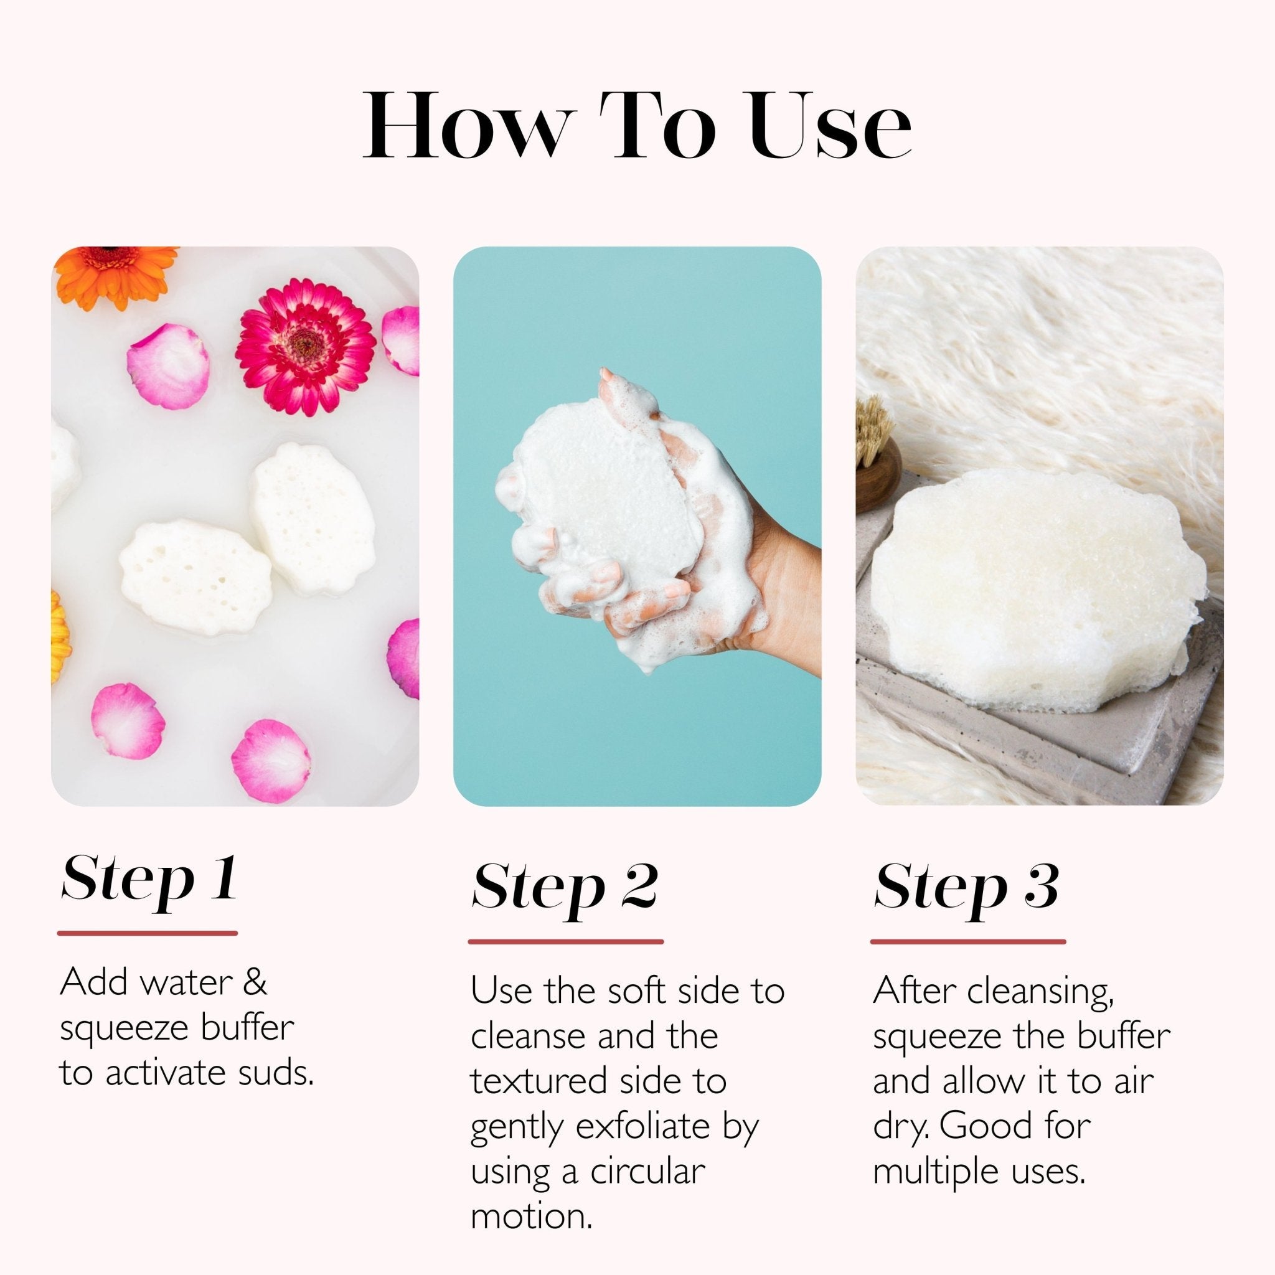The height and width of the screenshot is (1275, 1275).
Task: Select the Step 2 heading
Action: pyautogui.click(x=565, y=890)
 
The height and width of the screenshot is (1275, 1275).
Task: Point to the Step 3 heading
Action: pyautogui.click(x=966, y=890)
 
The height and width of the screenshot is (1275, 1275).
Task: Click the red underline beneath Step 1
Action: pyautogui.click(x=147, y=933)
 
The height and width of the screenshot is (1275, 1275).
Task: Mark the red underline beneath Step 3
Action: pyautogui.click(x=967, y=942)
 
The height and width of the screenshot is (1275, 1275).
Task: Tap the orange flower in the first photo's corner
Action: pyautogui.click(x=116, y=274)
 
